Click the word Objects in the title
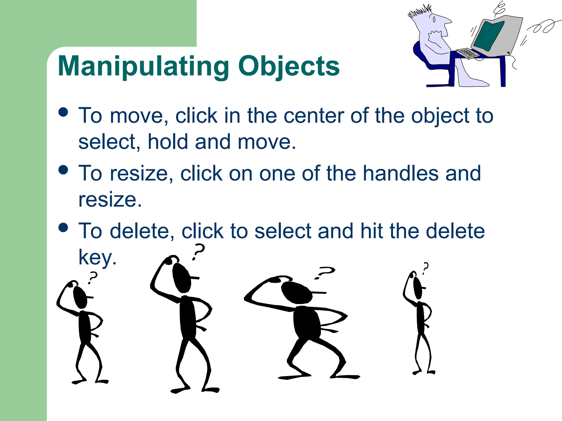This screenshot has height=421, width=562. pyautogui.click(x=289, y=67)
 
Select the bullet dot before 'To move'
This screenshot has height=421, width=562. pyautogui.click(x=63, y=112)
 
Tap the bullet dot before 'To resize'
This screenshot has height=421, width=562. pyautogui.click(x=63, y=170)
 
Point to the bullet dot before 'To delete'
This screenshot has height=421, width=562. pyautogui.click(x=63, y=227)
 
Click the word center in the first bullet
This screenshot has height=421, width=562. pyautogui.click(x=314, y=116)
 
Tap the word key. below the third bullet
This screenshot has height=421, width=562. pyautogui.click(x=97, y=257)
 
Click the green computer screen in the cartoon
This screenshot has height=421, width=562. pyautogui.click(x=488, y=36)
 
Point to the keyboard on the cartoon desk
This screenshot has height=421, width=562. pyautogui.click(x=468, y=53)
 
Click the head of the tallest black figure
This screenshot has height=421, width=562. pyautogui.click(x=181, y=278)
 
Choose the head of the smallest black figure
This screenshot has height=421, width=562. pyautogui.click(x=418, y=288)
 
